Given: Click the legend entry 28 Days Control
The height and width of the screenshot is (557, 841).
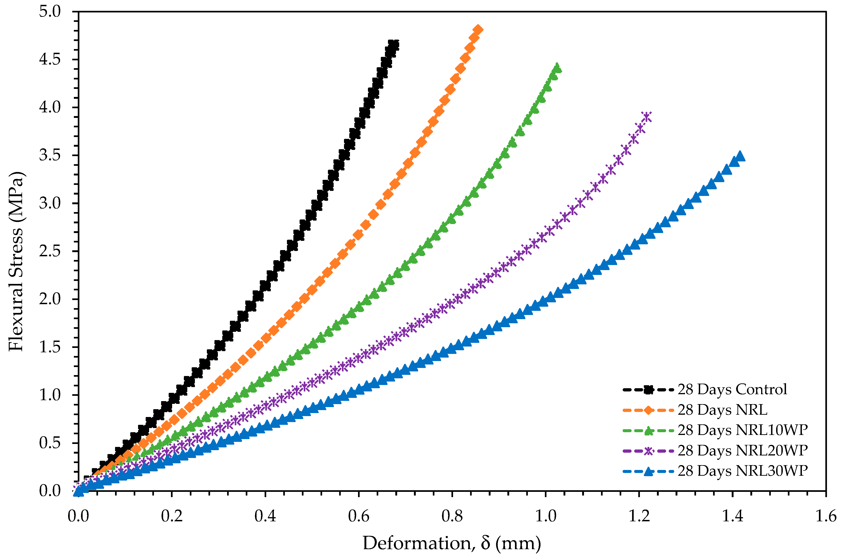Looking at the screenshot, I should pyautogui.click(x=732, y=389).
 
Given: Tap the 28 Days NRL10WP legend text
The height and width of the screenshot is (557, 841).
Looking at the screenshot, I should pyautogui.click(x=742, y=430).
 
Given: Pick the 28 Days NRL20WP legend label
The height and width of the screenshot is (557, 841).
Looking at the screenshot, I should pyautogui.click(x=742, y=450).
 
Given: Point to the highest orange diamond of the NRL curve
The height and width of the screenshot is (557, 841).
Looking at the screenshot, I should pyautogui.click(x=478, y=29).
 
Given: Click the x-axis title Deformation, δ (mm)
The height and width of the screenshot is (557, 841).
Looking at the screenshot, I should pyautogui.click(x=451, y=543).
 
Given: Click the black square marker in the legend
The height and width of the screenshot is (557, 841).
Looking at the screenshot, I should pyautogui.click(x=648, y=390).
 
